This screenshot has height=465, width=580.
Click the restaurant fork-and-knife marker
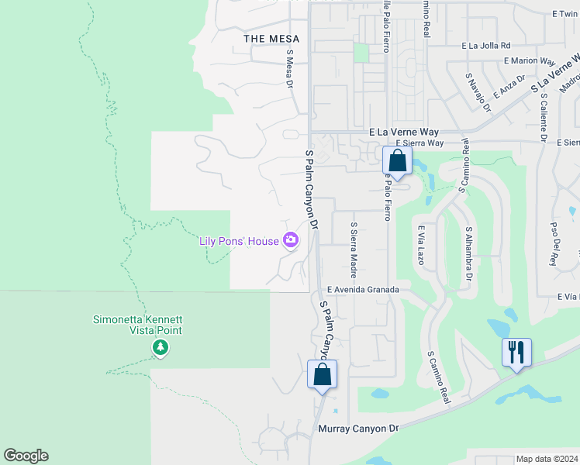pos(516,352)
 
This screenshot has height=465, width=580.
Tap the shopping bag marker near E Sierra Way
pos(397,161)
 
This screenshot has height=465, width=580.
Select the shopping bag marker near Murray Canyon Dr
pos(322,375)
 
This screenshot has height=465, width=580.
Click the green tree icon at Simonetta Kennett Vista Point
pos(161,347)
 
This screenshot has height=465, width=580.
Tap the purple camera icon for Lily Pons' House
pos(291,240)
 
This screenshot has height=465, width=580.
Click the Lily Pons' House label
pos(239,241)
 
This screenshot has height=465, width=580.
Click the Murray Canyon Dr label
pos(357,428)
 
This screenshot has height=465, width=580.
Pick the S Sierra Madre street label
pos(354,250)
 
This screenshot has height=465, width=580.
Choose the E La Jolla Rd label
pos(485,46)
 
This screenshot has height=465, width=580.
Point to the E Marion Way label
pos(530,60)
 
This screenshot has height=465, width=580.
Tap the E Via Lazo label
pos(421,246)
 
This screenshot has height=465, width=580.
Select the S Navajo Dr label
pos(478,92)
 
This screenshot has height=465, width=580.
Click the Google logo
pos(26,456)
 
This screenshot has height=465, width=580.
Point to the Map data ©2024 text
pos(547,459)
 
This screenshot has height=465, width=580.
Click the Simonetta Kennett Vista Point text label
pos(137,325)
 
